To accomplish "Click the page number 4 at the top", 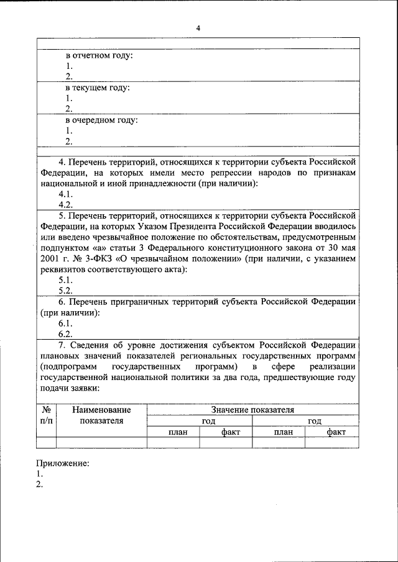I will (x=198, y=28).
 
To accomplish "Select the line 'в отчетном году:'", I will (x=99, y=56).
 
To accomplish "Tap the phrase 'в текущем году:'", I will (x=98, y=88).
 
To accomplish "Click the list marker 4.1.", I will (x=66, y=194).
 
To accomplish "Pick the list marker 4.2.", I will (x=66, y=204).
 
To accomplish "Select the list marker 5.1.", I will (x=66, y=279).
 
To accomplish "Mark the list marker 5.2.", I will (x=66, y=290).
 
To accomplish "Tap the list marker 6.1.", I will (x=66, y=323).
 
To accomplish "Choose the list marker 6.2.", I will (x=66, y=333).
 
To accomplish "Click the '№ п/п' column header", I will (x=46, y=415).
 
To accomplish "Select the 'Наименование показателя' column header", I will (x=101, y=415).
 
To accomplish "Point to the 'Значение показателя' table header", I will (x=252, y=410).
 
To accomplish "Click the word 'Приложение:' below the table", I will (x=62, y=463).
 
